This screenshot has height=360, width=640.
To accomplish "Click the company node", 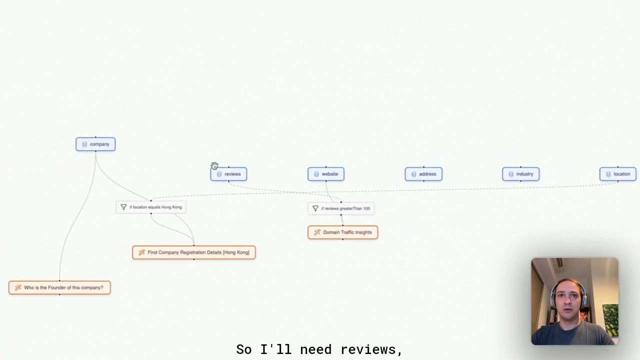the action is pyautogui.click(x=95, y=144).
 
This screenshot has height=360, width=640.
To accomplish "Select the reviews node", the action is pyautogui.click(x=228, y=174).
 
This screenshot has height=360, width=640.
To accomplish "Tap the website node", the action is pyautogui.click(x=326, y=174).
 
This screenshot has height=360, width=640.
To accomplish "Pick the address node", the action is pyautogui.click(x=423, y=174).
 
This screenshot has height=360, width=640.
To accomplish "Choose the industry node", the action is pyautogui.click(x=521, y=174).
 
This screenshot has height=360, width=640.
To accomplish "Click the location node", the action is pyautogui.click(x=618, y=174).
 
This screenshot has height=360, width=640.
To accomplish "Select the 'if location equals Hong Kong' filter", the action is pyautogui.click(x=151, y=207).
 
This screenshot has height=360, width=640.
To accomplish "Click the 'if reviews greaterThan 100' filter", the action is pyautogui.click(x=341, y=208).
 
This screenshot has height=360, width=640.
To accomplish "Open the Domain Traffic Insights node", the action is pyautogui.click(x=343, y=232).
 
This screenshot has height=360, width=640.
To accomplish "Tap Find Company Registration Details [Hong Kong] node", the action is pyautogui.click(x=194, y=252).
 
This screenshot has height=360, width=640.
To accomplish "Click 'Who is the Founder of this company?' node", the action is pyautogui.click(x=59, y=287).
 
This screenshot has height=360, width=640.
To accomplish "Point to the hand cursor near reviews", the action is pyautogui.click(x=214, y=165).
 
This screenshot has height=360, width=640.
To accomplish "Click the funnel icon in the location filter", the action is pyautogui.click(x=123, y=207).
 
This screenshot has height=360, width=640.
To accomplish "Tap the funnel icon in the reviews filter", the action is pyautogui.click(x=315, y=208).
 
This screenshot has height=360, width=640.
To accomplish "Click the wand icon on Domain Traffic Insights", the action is pyautogui.click(x=317, y=232).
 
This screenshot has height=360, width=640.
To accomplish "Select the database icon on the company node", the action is pyautogui.click(x=84, y=144).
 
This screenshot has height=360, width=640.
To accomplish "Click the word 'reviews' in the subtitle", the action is pyautogui.click(x=371, y=349).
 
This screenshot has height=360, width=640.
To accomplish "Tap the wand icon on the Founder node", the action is pyautogui.click(x=17, y=287).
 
